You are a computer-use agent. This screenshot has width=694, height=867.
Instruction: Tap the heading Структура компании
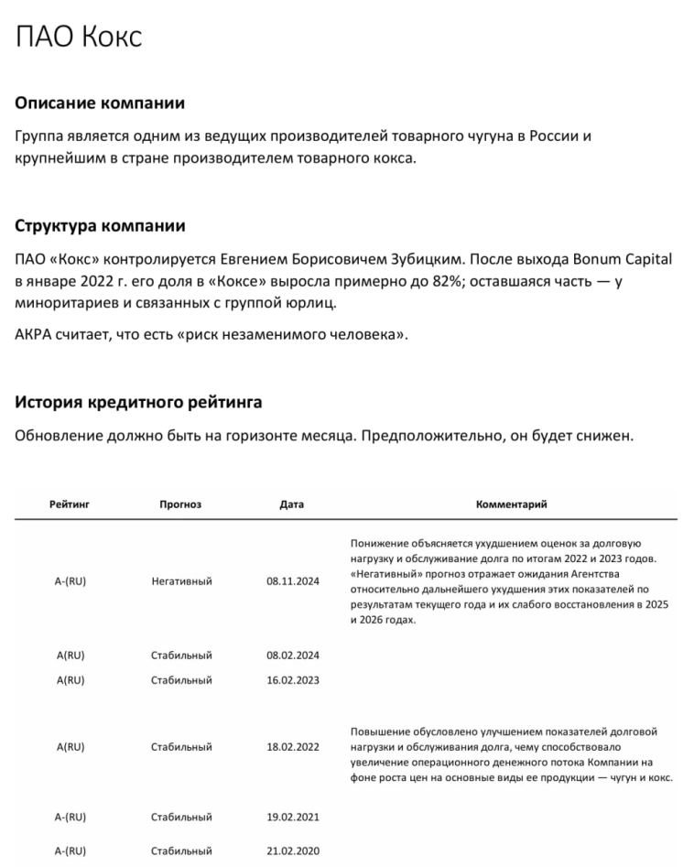coord(101,225)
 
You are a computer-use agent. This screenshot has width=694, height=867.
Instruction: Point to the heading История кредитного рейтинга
coord(138,402)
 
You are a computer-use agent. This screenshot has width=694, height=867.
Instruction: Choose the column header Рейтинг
coord(70,504)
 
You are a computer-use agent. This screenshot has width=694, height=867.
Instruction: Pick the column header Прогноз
coord(180,504)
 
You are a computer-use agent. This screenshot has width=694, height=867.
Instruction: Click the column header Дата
coord(292,504)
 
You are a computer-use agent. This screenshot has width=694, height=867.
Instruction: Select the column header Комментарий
coord(512,504)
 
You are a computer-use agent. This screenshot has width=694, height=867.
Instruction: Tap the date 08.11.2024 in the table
coord(293,581)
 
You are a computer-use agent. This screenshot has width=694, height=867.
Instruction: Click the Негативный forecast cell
coord(181,581)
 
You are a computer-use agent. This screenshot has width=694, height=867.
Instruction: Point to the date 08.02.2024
coord(293,656)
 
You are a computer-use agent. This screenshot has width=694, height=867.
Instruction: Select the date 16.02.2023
coord(293,680)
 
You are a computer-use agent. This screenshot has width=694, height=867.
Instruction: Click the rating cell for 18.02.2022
coord(70,747)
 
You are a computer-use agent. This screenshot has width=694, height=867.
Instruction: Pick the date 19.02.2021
coord(293,817)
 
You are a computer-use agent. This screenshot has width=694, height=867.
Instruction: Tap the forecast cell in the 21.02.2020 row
coord(181,851)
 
